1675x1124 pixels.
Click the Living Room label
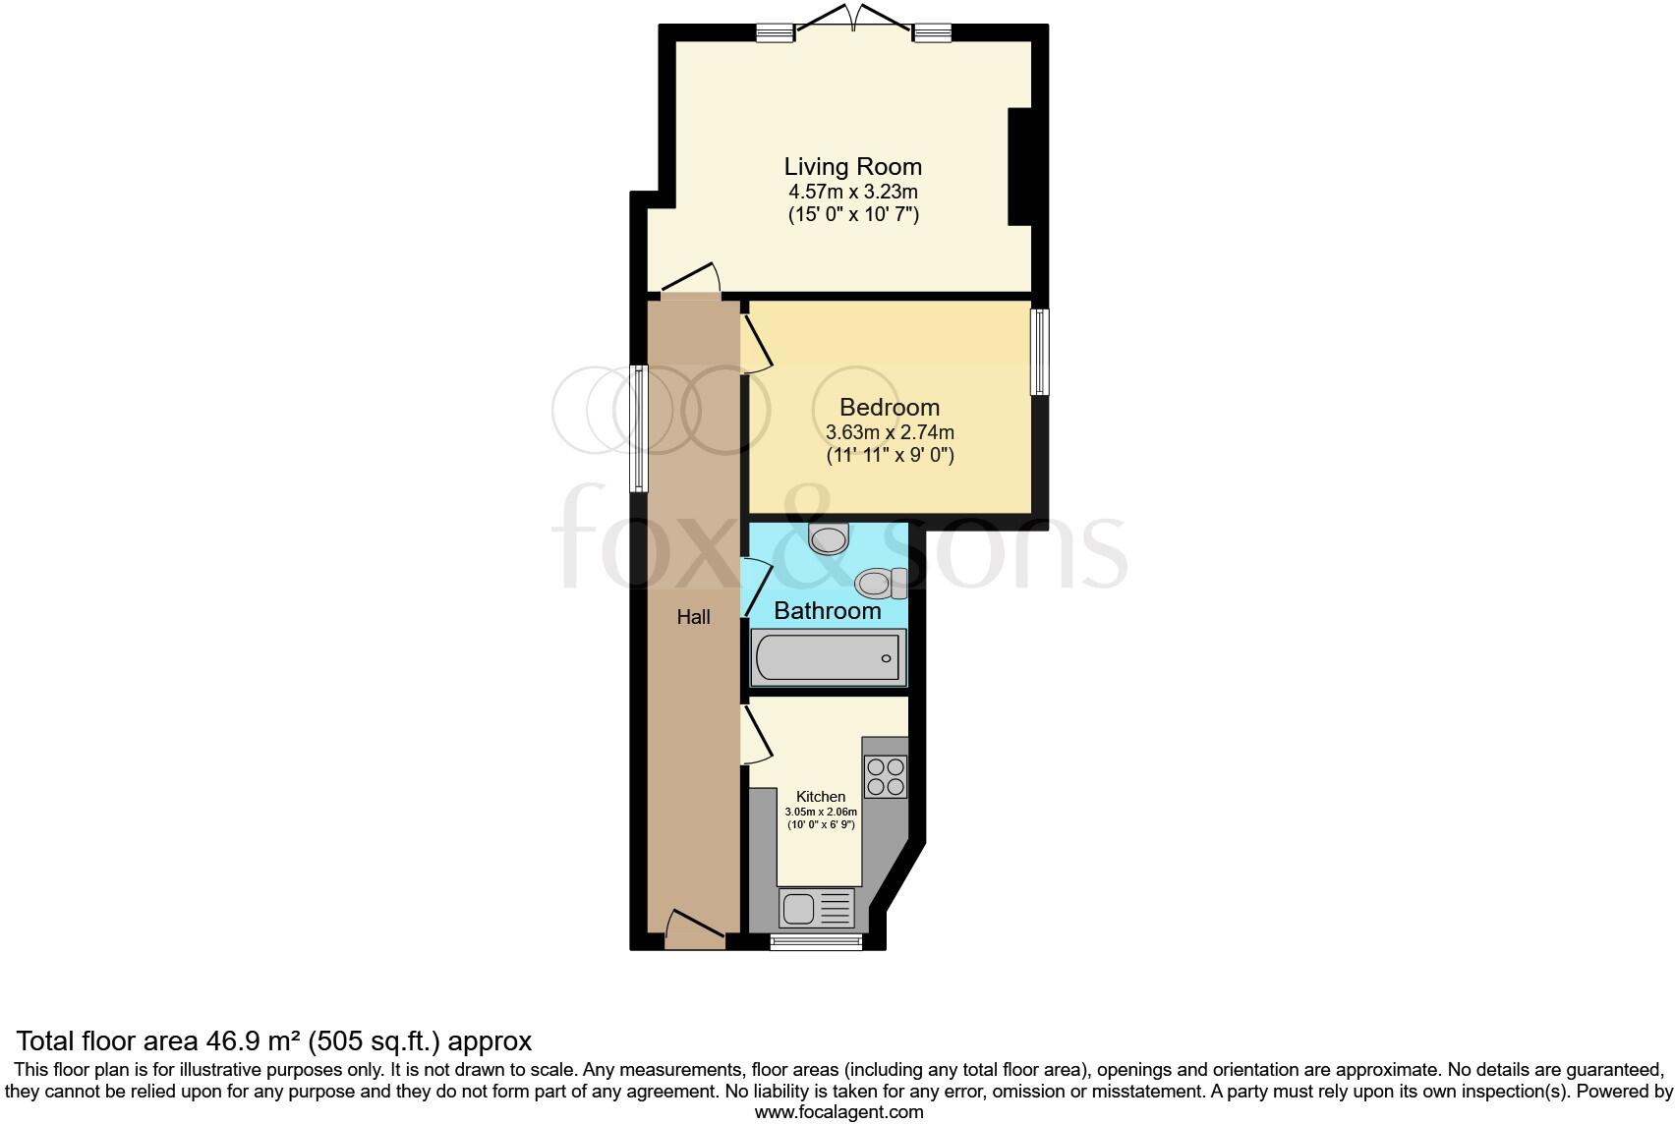click(852, 166)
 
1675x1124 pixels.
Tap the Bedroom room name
click(889, 407)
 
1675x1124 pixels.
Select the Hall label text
click(693, 617)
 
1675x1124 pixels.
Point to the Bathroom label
click(827, 610)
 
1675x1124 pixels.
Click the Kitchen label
click(820, 796)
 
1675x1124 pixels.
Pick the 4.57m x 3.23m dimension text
click(852, 192)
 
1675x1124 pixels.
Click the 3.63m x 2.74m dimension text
click(889, 432)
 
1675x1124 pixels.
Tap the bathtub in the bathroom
click(827, 657)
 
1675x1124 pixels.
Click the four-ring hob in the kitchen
click(885, 776)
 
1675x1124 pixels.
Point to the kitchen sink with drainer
click(817, 908)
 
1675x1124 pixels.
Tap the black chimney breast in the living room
click(1019, 166)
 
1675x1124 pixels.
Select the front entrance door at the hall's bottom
click(694, 929)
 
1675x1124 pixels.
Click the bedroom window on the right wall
click(1039, 352)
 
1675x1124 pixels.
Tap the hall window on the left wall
click(638, 428)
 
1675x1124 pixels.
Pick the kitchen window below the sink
click(816, 942)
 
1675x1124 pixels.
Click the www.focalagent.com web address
click(838, 1112)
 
